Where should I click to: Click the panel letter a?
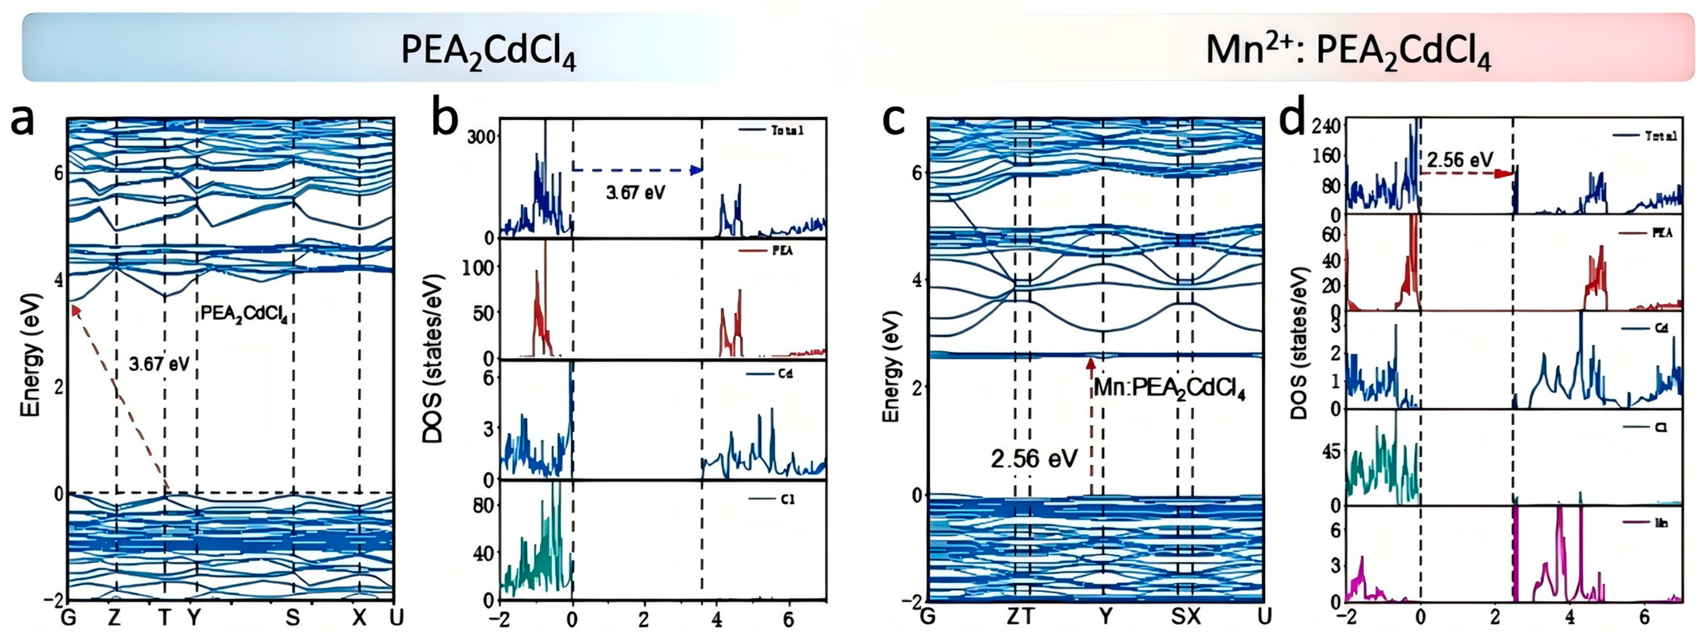(x=24, y=121)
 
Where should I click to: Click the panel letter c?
(x=894, y=121)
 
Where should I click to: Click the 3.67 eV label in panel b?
(x=635, y=193)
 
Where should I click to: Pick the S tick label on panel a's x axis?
(x=292, y=618)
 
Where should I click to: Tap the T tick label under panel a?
(x=164, y=618)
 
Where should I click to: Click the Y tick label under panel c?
(x=1105, y=618)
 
